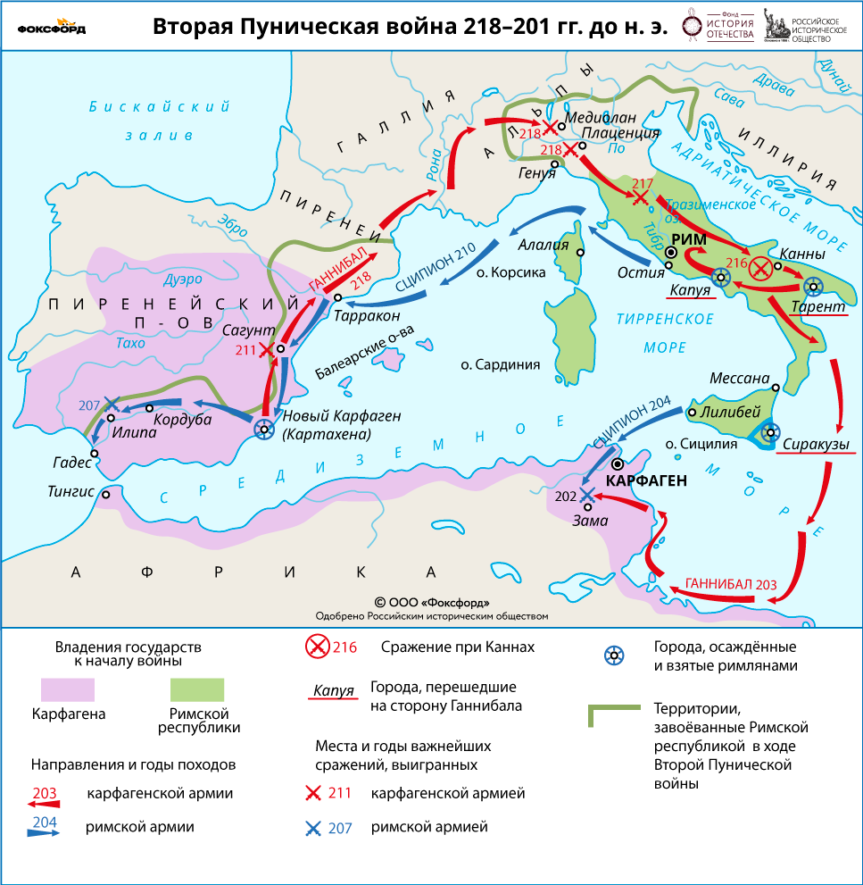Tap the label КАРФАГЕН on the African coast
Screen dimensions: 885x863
click(646, 480)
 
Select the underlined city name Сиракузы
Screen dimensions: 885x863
click(816, 443)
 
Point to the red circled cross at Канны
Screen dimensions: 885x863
click(760, 267)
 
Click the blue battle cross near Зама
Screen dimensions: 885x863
click(586, 494)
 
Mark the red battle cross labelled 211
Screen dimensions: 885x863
click(266, 350)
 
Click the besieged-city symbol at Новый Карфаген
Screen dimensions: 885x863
click(263, 429)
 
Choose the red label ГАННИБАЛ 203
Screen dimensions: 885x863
click(730, 583)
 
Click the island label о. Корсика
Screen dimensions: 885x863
click(510, 272)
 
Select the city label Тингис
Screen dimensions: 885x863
click(72, 491)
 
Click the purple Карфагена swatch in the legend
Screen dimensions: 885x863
click(67, 689)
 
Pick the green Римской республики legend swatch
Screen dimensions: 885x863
click(197, 689)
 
